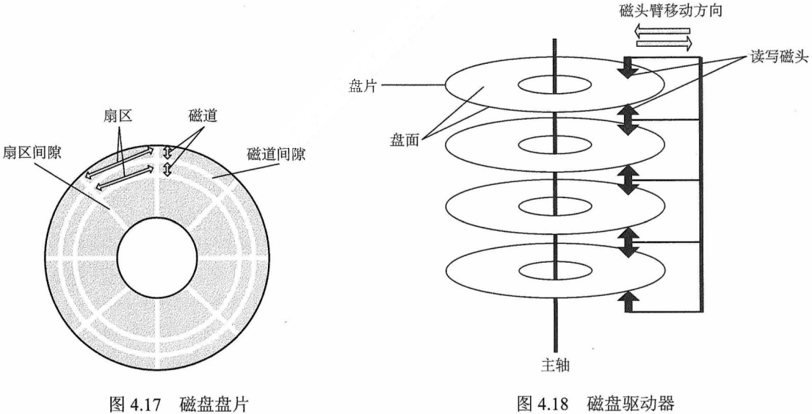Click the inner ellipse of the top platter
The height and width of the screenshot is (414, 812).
click(x=551, y=85)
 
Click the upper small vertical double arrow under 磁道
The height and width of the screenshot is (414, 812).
click(x=167, y=153)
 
